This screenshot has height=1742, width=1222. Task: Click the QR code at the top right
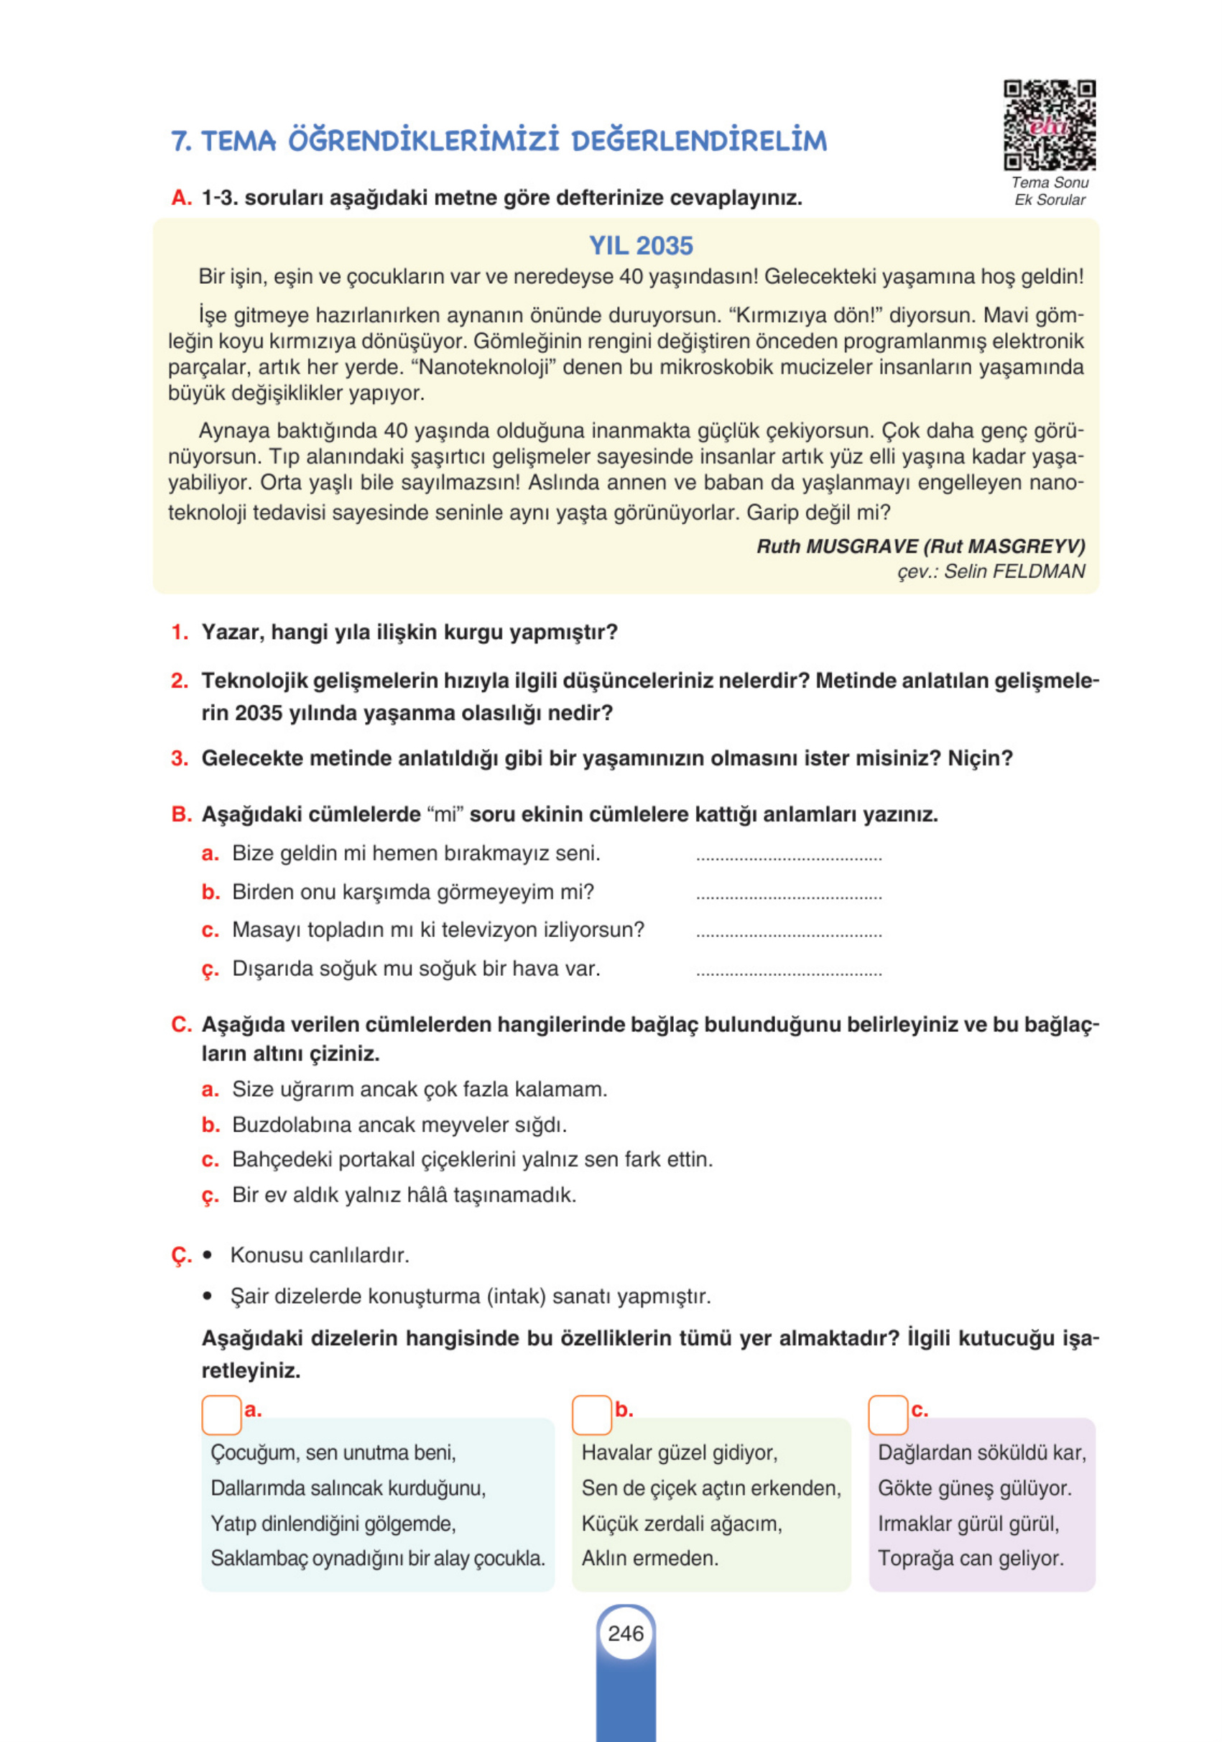[x=1049, y=125]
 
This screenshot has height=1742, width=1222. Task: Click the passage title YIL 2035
[x=640, y=246]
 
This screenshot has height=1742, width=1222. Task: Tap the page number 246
[x=625, y=1633]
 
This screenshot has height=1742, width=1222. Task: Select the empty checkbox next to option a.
[x=221, y=1415]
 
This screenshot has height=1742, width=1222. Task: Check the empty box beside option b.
[x=591, y=1415]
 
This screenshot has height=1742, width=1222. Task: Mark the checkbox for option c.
[x=887, y=1415]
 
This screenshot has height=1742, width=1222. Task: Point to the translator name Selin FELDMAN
[x=1014, y=571]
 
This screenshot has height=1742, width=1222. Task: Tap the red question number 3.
[x=179, y=758]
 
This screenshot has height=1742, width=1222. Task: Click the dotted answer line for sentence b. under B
[x=788, y=897]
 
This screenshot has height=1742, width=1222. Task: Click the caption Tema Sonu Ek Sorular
[x=1049, y=191]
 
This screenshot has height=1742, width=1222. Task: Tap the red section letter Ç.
[x=180, y=1255]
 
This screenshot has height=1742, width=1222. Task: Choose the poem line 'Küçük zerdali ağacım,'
[x=680, y=1524]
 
